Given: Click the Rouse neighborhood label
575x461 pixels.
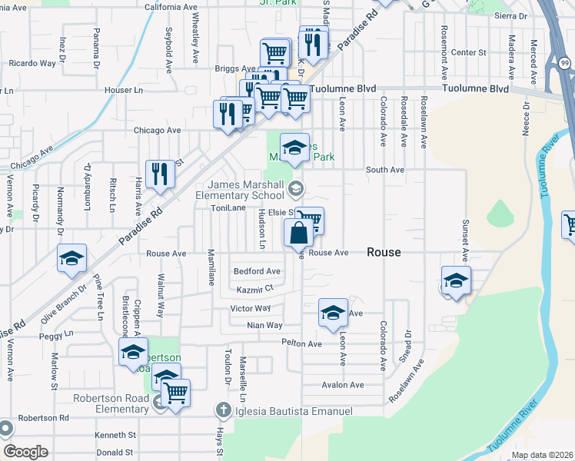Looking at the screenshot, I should (x=384, y=252).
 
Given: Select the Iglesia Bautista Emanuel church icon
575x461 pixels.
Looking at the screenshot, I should (x=223, y=410).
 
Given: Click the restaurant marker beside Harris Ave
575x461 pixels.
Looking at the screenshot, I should (x=160, y=174).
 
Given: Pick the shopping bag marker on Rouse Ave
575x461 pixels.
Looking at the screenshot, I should (x=298, y=233).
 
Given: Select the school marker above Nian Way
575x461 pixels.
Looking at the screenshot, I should (x=333, y=313).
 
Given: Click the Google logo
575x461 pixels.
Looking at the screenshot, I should (x=25, y=452).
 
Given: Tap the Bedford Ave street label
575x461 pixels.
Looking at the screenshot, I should (x=257, y=271).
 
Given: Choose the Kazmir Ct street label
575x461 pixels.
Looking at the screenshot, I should (x=255, y=289).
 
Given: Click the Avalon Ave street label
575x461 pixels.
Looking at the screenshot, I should (x=342, y=385).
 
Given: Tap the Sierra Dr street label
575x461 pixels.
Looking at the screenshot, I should (x=511, y=15).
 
